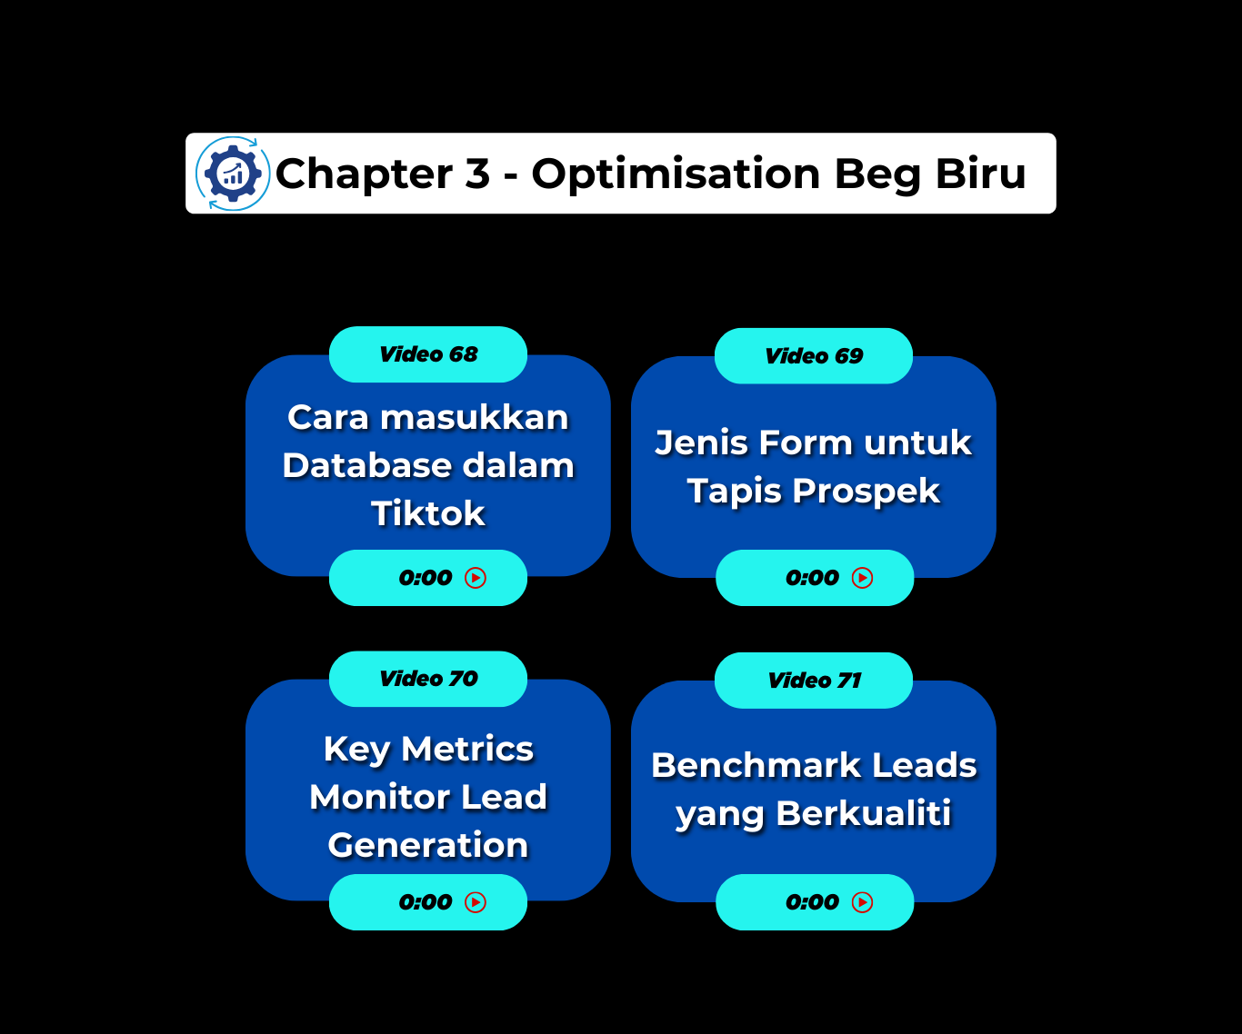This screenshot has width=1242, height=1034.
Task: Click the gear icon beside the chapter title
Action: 233,174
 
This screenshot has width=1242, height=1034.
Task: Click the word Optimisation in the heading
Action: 676,174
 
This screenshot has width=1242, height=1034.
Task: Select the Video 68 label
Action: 428,354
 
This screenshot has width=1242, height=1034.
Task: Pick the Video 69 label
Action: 814,356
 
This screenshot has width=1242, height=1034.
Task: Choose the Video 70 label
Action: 428,679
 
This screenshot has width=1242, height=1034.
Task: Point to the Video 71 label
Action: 814,681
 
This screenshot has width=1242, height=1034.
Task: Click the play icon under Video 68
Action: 476,578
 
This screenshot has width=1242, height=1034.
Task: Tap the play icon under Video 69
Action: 862,578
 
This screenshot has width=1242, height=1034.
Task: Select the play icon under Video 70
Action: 476,902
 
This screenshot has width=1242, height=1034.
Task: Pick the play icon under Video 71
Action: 862,902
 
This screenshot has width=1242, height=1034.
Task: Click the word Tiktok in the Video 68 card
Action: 428,514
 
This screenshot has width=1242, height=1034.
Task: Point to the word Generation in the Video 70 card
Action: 428,846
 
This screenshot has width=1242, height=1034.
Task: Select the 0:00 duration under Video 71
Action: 812,902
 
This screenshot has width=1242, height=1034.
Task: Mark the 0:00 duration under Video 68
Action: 426,578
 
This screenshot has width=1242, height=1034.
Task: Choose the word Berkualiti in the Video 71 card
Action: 864,813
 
